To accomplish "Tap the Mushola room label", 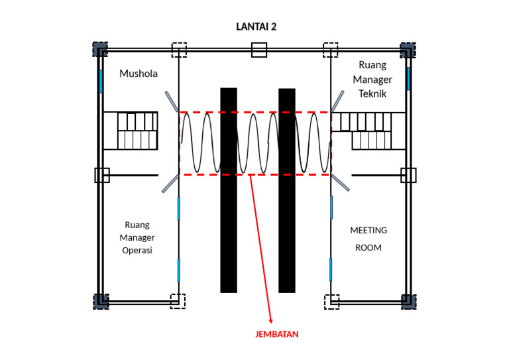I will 139,74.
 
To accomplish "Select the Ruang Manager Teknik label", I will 375,80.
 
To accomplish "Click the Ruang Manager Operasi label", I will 139,237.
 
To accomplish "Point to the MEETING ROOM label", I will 368,239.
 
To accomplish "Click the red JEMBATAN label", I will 277,334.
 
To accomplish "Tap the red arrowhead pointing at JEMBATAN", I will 271,322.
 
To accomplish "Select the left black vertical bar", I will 229,190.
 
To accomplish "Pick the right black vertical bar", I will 287,190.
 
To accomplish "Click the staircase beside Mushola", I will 138,131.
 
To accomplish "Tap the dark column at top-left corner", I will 99,50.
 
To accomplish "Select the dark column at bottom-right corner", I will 408,301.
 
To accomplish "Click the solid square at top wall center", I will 259,50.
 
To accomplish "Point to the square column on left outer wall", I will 101,175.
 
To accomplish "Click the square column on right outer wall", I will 408,175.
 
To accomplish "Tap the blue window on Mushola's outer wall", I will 101,81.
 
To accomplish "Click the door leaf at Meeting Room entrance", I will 340,182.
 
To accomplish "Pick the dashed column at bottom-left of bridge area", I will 178,301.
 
